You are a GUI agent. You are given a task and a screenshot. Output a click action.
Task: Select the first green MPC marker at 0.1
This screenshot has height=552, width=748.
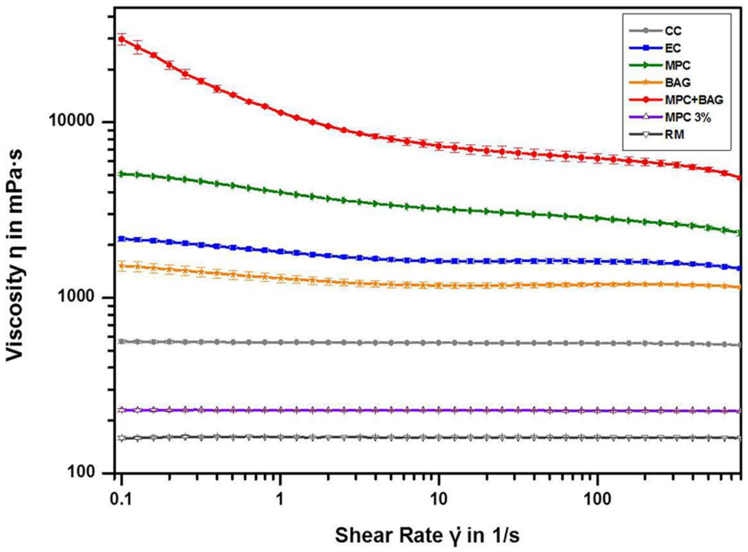pos(122,174)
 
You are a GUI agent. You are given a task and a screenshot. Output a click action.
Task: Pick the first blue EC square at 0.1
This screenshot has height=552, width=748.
pos(122,239)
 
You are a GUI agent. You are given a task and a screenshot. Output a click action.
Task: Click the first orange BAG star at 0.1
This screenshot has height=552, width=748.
pos(122,266)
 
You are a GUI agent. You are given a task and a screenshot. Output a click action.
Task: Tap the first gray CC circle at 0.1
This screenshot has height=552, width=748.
pos(122,341)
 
